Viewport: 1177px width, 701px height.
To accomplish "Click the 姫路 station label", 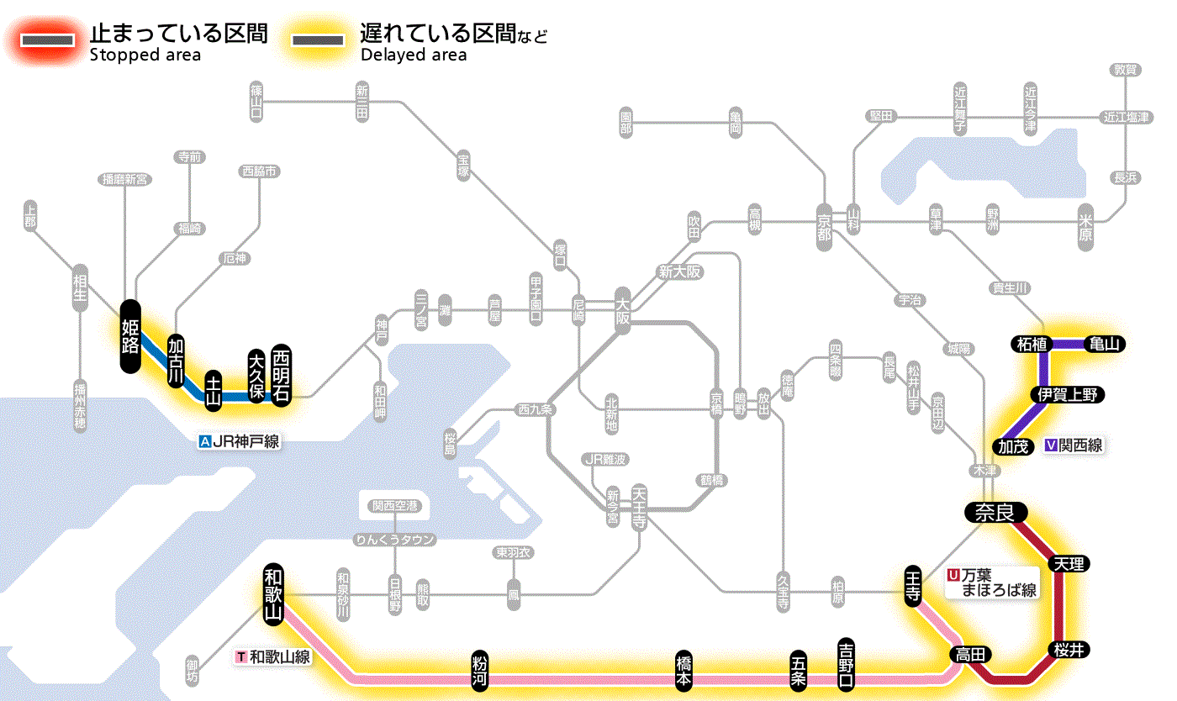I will click(x=130, y=335).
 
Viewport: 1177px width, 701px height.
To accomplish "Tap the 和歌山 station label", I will click(x=273, y=593).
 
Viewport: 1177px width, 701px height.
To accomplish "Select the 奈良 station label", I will click(x=995, y=512).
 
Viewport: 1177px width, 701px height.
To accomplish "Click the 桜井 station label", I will click(x=1070, y=649).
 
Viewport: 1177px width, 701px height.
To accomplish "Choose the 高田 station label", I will click(x=971, y=654).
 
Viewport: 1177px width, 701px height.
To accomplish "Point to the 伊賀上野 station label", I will click(x=1067, y=394).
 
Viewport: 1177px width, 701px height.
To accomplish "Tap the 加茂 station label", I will click(x=1013, y=445).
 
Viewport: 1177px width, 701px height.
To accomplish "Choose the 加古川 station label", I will click(x=176, y=361).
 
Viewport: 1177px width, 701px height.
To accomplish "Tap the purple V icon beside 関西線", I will click(x=1051, y=445).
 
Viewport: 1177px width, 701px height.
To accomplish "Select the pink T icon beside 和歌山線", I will click(x=242, y=656).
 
